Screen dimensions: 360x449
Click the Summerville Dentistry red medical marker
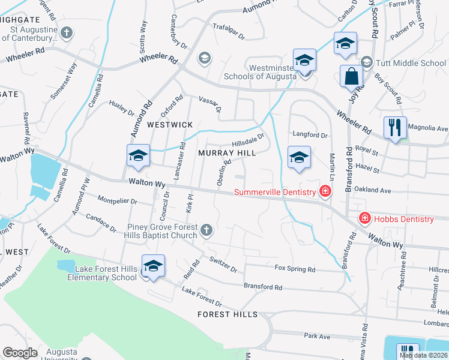pyautogui.click(x=325, y=192)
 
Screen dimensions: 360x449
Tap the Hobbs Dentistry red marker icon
pyautogui.click(x=364, y=218)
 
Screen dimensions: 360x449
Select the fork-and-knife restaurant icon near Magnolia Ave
pyautogui.click(x=395, y=127)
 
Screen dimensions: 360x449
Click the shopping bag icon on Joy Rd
pyautogui.click(x=351, y=76)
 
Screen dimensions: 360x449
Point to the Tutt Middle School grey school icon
pyautogui.click(x=366, y=62)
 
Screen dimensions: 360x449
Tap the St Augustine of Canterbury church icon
pyautogui.click(x=67, y=32)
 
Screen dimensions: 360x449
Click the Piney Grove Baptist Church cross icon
pyautogui.click(x=206, y=230)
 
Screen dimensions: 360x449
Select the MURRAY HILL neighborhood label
pyautogui.click(x=228, y=154)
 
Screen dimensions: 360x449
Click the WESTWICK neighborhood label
pyautogui.click(x=170, y=125)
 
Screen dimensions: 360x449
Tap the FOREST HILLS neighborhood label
pyautogui.click(x=228, y=314)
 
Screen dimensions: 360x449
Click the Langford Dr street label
pyautogui.click(x=310, y=134)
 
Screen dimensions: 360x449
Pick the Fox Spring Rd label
pyautogui.click(x=295, y=269)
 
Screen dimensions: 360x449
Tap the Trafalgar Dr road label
pyautogui.click(x=229, y=31)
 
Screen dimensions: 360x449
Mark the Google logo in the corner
pyautogui.click(x=20, y=353)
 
